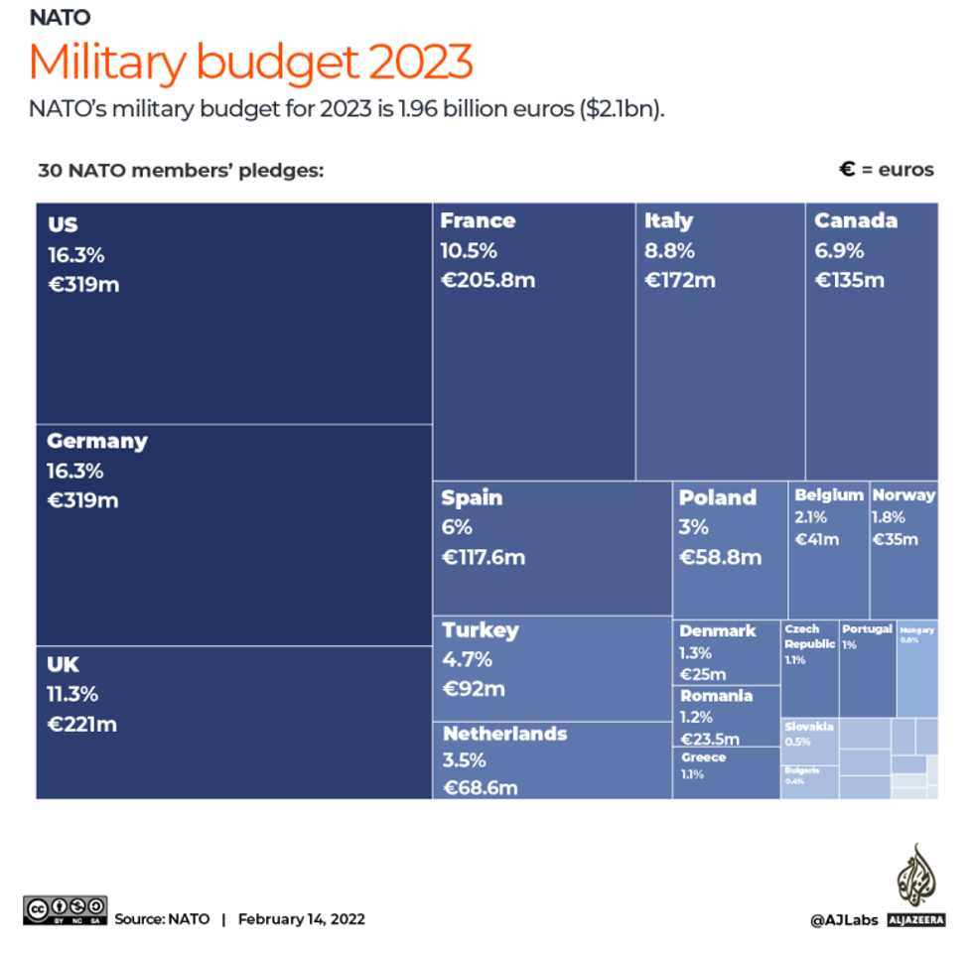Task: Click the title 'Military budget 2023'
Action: pyautogui.click(x=250, y=63)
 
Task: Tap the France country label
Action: pyautogui.click(x=478, y=220)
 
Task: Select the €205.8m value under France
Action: pyautogui.click(x=487, y=280)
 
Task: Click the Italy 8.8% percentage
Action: pyautogui.click(x=669, y=250)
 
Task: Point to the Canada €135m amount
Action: pyautogui.click(x=849, y=280)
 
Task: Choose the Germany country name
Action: pyautogui.click(x=96, y=441)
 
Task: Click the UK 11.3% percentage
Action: pyautogui.click(x=72, y=694)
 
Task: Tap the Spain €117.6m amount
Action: pyautogui.click(x=483, y=557)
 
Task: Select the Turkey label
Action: pyautogui.click(x=481, y=630)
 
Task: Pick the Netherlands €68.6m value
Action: pyautogui.click(x=481, y=788)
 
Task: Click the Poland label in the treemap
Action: pyautogui.click(x=718, y=497)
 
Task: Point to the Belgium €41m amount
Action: pyautogui.click(x=817, y=539)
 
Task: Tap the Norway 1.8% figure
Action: pyautogui.click(x=889, y=517)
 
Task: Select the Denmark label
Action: pyautogui.click(x=717, y=630)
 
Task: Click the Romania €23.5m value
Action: pyautogui.click(x=709, y=739)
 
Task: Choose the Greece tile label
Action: pyautogui.click(x=703, y=757)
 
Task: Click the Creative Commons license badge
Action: pyautogui.click(x=66, y=909)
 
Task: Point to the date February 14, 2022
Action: pyautogui.click(x=301, y=919)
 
